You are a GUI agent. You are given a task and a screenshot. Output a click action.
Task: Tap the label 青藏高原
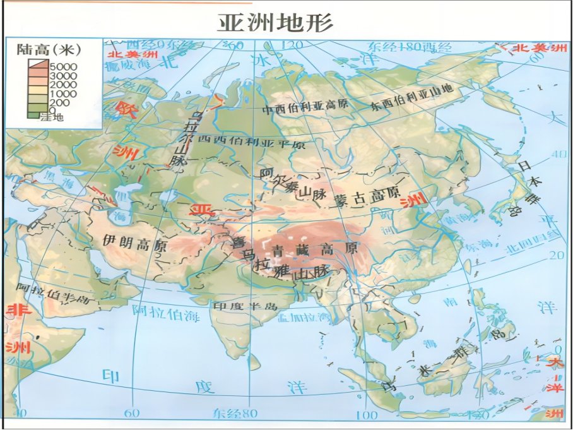pos(314,248)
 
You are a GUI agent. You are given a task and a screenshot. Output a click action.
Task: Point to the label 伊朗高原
pos(134,242)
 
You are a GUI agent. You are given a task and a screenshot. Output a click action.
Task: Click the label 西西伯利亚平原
pos(251,142)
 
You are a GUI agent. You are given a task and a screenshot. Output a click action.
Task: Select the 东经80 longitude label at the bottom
pos(235,414)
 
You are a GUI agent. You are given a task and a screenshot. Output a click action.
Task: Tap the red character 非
pos(13,311)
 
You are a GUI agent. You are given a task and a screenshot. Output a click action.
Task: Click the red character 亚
pos(202,209)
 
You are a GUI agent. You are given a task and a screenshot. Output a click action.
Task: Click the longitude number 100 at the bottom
pos(367,414)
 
